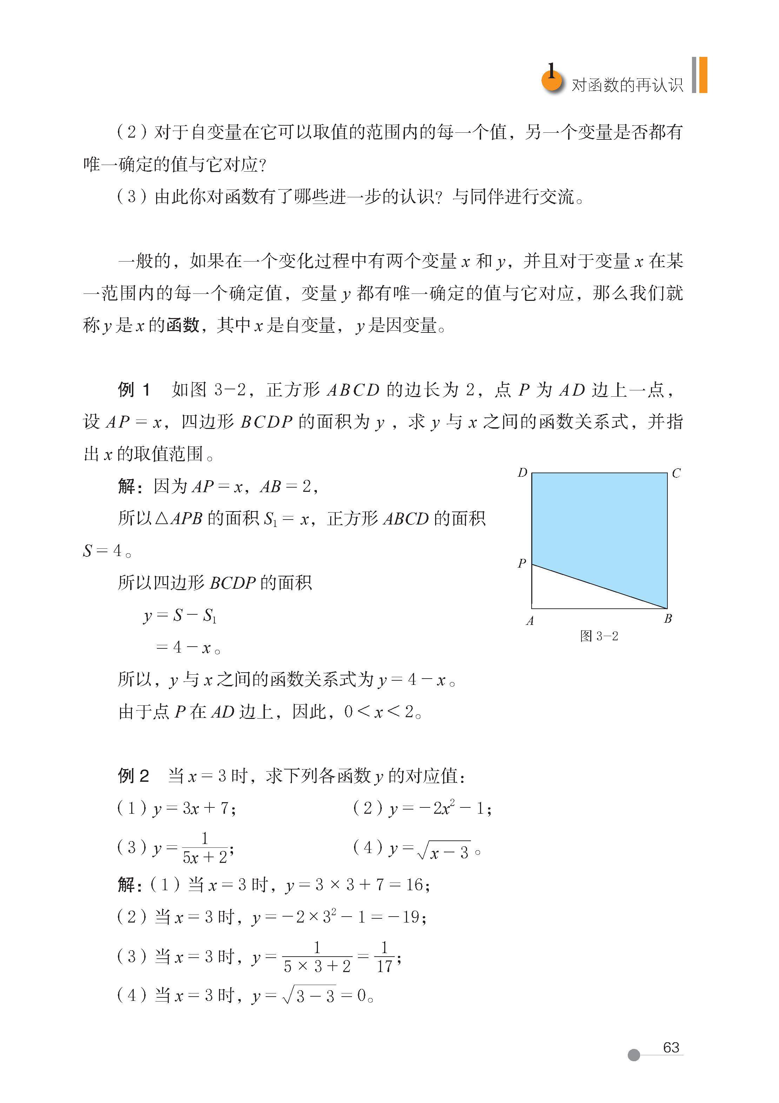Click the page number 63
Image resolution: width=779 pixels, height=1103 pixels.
click(x=671, y=1047)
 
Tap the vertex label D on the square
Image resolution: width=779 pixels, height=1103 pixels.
click(x=522, y=473)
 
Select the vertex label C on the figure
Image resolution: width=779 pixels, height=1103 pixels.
click(x=676, y=473)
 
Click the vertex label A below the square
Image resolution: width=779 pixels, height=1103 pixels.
click(x=530, y=621)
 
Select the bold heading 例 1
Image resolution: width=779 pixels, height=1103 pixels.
click(x=134, y=390)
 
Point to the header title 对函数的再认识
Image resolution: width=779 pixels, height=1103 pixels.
click(x=627, y=85)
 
